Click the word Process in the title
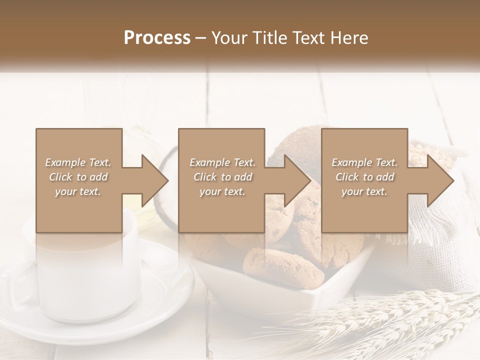(157, 38)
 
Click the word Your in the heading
(229, 38)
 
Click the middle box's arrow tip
(309, 180)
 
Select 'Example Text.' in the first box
(78, 162)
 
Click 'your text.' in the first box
(78, 191)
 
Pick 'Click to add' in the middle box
(222, 177)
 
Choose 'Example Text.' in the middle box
(222, 162)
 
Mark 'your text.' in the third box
(364, 191)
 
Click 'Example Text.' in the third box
(364, 162)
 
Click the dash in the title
(201, 38)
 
